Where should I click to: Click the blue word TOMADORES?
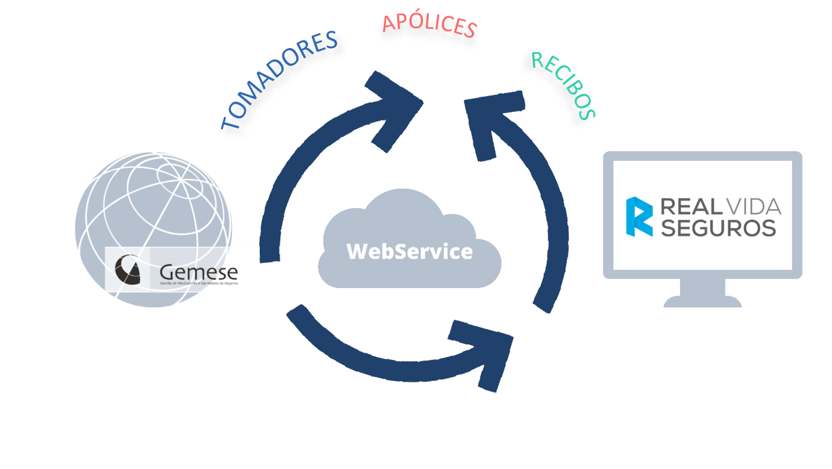tap(279, 79)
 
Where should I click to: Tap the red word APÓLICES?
tap(430, 25)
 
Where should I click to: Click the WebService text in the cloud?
tap(409, 252)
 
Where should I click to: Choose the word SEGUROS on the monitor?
tap(719, 228)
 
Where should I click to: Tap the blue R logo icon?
tap(639, 217)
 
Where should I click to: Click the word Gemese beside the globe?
tap(198, 272)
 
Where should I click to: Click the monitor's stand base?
tap(702, 302)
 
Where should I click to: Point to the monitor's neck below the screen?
tap(702, 287)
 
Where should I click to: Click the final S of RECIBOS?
tap(587, 114)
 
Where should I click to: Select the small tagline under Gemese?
tap(198, 283)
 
